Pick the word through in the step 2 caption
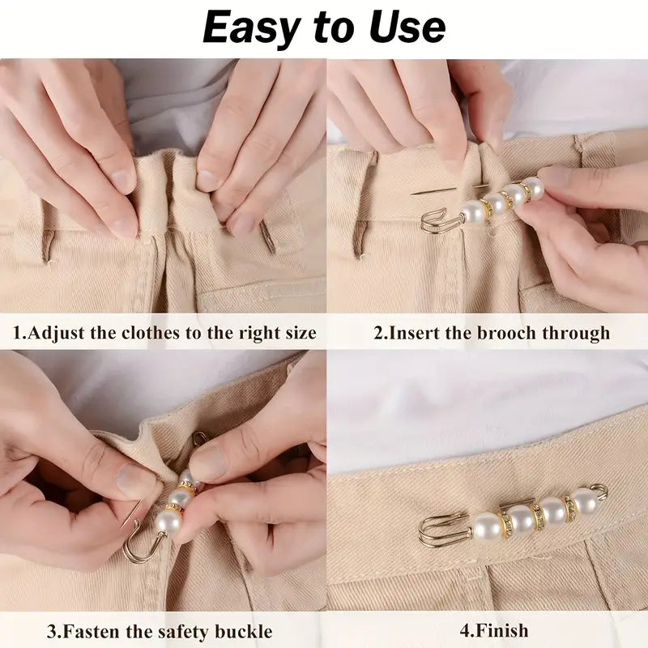577,333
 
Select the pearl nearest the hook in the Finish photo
486,527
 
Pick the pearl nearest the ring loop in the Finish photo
583,501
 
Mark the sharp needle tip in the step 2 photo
415,193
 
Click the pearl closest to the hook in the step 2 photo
472,212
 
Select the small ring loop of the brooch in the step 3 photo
199,438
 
